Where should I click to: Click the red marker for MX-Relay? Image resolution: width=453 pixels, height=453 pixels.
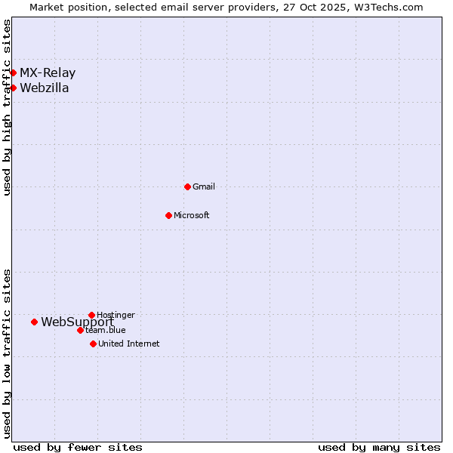pos(13,73)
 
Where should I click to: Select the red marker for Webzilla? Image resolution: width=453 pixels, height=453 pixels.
pos(13,88)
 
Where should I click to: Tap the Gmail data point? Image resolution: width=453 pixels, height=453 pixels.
pos(187,186)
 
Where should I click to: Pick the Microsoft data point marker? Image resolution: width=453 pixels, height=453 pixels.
pos(168,215)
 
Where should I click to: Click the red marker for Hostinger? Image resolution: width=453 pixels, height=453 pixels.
pos(91,315)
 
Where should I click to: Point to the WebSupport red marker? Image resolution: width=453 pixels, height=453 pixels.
pos(34,322)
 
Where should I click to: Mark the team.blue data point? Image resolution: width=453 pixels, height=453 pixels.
pos(80,330)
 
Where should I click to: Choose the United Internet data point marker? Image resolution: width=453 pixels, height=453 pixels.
pos(93,344)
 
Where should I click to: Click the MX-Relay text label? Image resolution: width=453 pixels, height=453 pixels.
pos(48,73)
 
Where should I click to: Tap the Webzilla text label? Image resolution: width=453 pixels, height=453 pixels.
pos(45,88)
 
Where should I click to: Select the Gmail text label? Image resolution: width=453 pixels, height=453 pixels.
pos(204,186)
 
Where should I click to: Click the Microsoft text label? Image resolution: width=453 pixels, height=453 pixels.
pos(192,215)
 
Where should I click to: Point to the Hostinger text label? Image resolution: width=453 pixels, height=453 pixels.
pos(116,315)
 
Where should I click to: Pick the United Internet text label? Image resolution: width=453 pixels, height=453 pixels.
pos(129,344)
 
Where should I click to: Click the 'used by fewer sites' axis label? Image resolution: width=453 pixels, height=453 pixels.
pos(78,447)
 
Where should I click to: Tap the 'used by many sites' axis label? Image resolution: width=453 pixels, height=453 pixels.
pos(379,447)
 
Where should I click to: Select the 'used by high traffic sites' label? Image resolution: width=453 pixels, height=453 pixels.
pos(7,107)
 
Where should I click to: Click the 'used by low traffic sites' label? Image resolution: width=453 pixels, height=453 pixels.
pos(7,353)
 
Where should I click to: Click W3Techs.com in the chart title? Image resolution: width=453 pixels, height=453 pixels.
pos(390,7)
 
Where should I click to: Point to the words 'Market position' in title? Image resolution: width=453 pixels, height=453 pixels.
pos(66,7)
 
